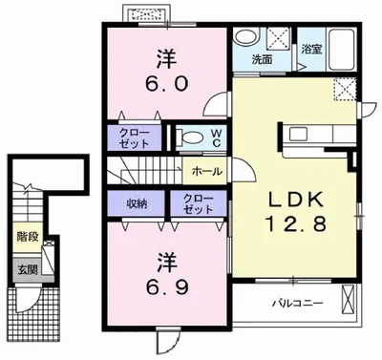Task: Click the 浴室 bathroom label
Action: (x=311, y=49)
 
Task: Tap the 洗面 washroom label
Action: (x=262, y=59)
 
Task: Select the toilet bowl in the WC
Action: (x=191, y=137)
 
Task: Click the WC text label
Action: (x=216, y=138)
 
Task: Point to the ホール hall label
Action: (x=207, y=172)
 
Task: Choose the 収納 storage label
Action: (x=137, y=203)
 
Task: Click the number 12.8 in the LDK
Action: (x=296, y=223)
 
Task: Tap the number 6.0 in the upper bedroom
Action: (x=167, y=84)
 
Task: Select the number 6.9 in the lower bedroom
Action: (x=167, y=287)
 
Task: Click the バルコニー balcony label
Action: (x=297, y=303)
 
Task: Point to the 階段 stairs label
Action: (x=28, y=237)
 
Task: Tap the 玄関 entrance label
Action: (x=28, y=270)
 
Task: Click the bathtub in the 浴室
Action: (x=342, y=50)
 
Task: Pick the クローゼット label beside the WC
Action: (x=134, y=138)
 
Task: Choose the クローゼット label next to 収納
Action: (x=198, y=204)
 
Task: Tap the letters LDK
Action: (x=297, y=200)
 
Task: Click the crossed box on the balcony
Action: (x=347, y=298)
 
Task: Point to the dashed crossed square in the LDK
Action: (x=344, y=89)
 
